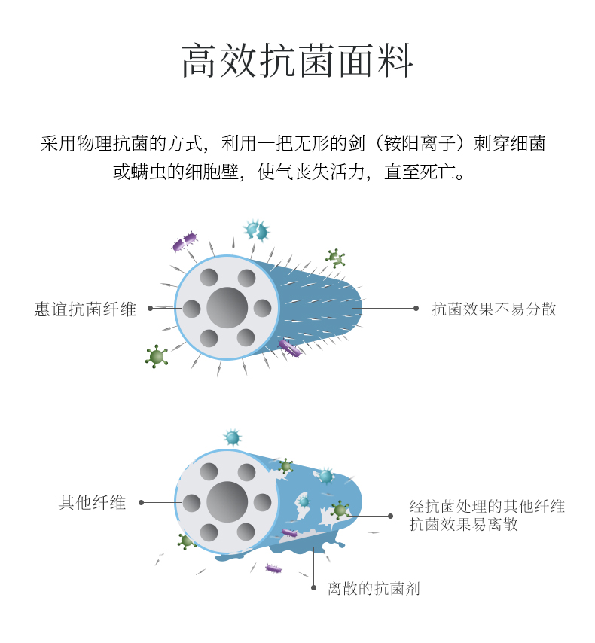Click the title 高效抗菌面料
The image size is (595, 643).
[297, 62]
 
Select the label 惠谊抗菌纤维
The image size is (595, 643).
[86, 309]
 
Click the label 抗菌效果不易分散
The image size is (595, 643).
[494, 309]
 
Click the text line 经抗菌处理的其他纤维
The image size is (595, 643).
[487, 506]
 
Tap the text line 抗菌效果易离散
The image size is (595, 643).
[464, 525]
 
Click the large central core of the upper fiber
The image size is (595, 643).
[227, 307]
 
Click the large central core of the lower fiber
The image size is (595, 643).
[227, 501]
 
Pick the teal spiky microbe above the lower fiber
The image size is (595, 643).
[232, 437]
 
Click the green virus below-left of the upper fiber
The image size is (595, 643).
[157, 356]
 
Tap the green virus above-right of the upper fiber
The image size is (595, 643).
[335, 258]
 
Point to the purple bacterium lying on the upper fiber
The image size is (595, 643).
[289, 347]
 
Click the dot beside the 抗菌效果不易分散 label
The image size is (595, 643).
[416, 308]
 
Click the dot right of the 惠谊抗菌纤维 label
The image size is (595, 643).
[151, 308]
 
